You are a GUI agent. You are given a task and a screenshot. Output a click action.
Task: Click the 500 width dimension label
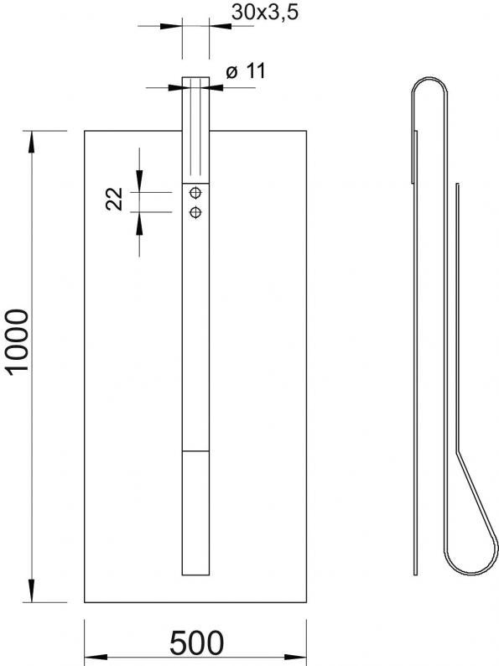click(x=196, y=643)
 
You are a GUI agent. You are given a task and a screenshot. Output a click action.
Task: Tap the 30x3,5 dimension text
click(x=264, y=13)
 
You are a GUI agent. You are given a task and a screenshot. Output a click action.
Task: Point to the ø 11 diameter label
click(x=246, y=71)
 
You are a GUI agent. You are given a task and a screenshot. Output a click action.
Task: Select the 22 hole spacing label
click(x=114, y=199)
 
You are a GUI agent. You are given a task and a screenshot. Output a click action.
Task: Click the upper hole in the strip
click(x=195, y=193)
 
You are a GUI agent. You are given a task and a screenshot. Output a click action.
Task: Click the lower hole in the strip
click(x=195, y=211)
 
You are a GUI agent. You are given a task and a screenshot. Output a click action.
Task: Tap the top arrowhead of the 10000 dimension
click(x=32, y=142)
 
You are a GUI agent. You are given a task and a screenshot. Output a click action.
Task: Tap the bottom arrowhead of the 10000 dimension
click(x=32, y=591)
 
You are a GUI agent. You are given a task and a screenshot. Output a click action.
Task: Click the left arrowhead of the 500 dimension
click(x=96, y=657)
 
